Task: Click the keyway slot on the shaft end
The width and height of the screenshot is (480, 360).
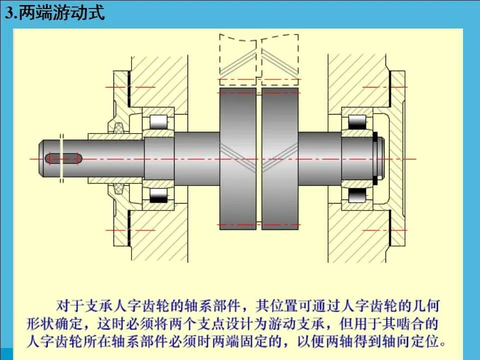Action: coord(63,158)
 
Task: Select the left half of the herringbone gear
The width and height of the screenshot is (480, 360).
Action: coord(238,159)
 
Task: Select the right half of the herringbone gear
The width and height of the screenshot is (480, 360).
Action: coord(279,159)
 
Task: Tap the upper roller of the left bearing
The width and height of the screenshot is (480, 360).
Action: coord(159,121)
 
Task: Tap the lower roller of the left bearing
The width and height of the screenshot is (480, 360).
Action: coord(159,195)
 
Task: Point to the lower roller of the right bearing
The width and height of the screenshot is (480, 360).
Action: coord(357,195)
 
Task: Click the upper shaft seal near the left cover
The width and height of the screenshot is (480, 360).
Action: coord(119,128)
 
